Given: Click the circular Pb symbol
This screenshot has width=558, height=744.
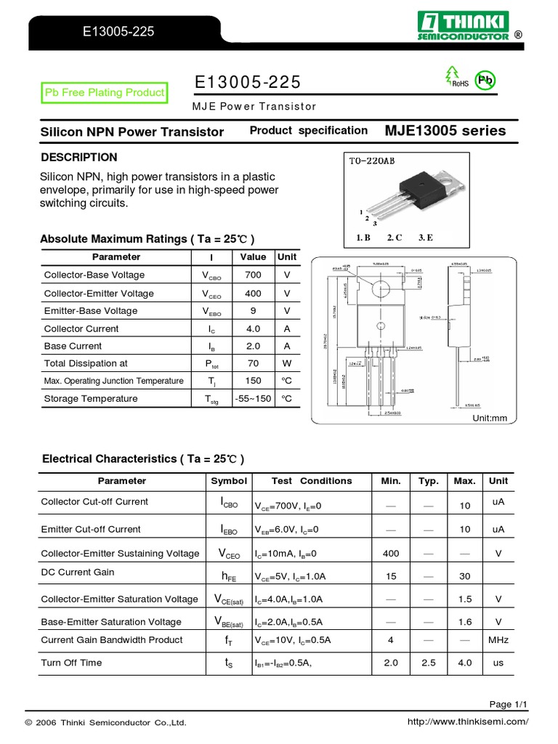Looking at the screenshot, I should point(484,81).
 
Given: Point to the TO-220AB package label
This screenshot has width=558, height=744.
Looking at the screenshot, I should point(372,163).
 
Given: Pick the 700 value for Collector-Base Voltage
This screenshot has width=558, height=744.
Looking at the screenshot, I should point(253,275).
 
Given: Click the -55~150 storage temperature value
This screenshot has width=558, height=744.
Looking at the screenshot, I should point(253,399).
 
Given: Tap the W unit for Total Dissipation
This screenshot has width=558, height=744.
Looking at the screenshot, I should point(286,363).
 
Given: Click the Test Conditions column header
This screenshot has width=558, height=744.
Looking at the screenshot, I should point(311,481).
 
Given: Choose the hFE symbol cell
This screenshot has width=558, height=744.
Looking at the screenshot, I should point(229,575).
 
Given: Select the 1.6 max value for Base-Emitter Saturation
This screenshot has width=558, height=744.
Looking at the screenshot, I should point(465,622).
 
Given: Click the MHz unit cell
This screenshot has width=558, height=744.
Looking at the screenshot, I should point(498,640).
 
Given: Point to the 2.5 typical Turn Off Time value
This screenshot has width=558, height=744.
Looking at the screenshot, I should point(429,663).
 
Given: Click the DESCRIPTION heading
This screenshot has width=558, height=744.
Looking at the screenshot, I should point(78,158).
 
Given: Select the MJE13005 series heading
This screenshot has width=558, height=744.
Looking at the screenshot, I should point(445,131).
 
